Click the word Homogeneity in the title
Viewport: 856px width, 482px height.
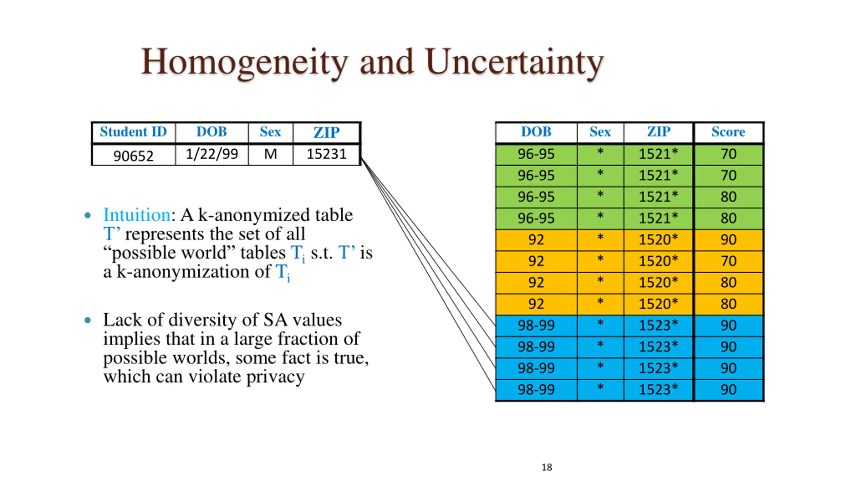coord(244,63)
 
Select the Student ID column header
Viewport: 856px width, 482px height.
coord(133,132)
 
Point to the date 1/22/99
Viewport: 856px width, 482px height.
coord(212,154)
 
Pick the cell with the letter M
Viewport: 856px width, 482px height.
coord(270,154)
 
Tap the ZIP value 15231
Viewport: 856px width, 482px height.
coord(326,154)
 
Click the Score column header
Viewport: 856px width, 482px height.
coord(728,132)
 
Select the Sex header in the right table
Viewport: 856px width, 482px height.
coord(600,132)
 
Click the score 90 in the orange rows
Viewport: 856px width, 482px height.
coord(728,240)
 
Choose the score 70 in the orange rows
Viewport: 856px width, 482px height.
coord(728,261)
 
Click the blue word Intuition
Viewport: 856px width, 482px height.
coord(137,215)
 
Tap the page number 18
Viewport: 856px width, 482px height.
coord(547,467)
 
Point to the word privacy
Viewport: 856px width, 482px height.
coord(275,377)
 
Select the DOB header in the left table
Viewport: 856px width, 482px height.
coord(212,132)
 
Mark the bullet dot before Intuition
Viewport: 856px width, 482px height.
coord(88,215)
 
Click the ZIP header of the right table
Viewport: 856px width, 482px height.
coord(658,132)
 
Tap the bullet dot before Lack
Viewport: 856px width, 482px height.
coord(88,320)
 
